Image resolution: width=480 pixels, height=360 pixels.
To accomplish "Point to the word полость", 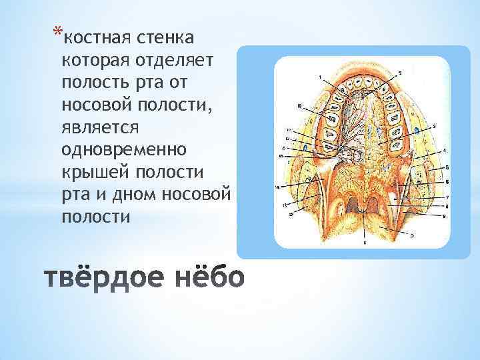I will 89,83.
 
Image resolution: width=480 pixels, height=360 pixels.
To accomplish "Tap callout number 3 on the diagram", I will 434,125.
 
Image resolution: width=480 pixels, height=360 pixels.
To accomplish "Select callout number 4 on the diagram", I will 445,151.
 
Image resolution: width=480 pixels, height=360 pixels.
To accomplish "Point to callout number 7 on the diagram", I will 447,197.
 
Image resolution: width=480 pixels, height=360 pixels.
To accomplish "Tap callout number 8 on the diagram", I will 447,206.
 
